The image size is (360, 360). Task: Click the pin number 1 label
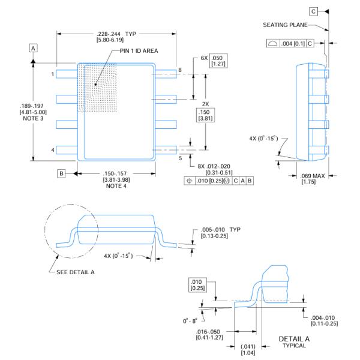(52, 74)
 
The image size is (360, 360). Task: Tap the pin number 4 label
(52, 149)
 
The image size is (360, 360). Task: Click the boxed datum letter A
(34, 47)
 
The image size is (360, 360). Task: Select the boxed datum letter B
(61, 173)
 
